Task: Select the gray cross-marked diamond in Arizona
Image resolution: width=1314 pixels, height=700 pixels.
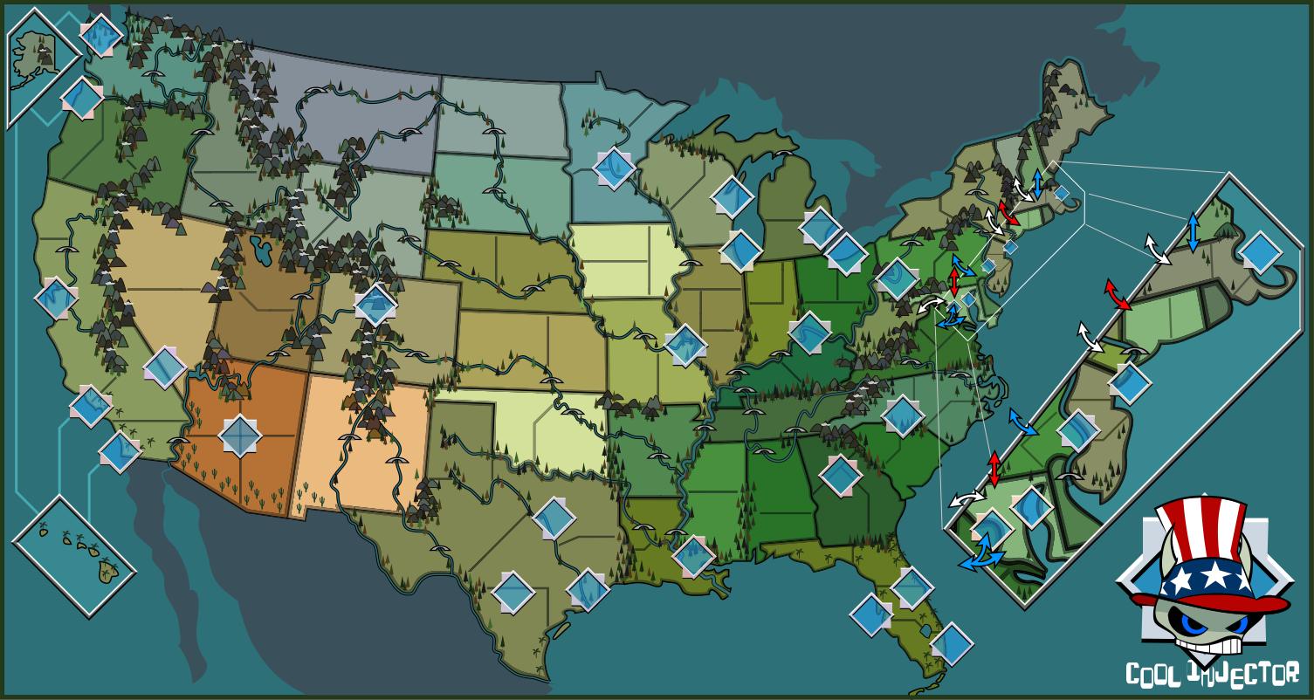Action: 240,434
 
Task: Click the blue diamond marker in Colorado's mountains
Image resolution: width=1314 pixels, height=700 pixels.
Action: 376,303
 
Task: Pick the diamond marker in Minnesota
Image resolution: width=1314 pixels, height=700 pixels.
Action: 614,167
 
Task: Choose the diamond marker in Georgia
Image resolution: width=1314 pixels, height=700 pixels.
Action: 841,474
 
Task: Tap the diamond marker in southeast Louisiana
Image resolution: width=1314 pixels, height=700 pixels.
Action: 694,553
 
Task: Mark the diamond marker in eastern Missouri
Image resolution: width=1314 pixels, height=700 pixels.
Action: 685,344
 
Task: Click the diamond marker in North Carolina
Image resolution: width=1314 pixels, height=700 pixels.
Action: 903,415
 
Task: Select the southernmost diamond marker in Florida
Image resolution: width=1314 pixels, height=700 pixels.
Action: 951,644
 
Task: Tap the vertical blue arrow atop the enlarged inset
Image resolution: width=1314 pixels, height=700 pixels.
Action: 1194,232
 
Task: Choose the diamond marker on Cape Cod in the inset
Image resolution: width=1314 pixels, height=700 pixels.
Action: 1259,251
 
